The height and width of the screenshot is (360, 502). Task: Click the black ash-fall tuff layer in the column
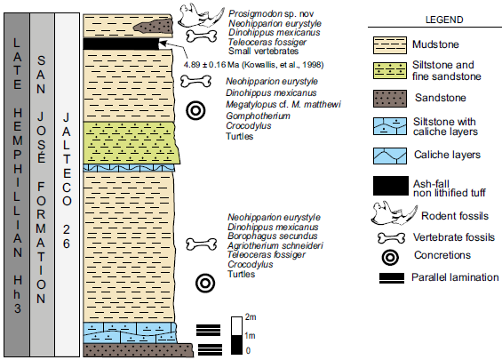[x=121, y=44]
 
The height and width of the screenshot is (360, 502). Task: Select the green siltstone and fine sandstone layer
[x=131, y=143]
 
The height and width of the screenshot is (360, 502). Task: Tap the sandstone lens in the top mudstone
[x=153, y=26]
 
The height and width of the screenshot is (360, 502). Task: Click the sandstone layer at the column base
[x=138, y=350]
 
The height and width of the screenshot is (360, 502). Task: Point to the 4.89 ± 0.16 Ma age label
[x=253, y=65]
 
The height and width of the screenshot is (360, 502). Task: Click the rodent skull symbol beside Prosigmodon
[x=201, y=15]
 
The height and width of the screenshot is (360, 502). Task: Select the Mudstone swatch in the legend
[x=390, y=44]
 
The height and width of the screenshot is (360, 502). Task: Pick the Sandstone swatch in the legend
[x=390, y=99]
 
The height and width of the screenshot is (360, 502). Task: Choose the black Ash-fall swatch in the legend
[x=391, y=186]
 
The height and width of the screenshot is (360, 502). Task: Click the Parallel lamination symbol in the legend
[x=392, y=278]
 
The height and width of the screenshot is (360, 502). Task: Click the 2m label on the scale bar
[x=251, y=317]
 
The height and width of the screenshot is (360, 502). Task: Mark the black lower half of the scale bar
[x=237, y=345]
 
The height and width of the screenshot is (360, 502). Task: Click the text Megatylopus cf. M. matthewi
[x=283, y=104]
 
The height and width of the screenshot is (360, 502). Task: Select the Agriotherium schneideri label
[x=275, y=245]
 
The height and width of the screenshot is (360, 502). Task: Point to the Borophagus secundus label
[x=273, y=236]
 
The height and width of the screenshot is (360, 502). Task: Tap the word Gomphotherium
[x=258, y=116]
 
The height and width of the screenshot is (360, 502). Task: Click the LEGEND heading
[x=444, y=20]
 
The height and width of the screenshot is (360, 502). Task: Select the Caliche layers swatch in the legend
[x=390, y=156]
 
